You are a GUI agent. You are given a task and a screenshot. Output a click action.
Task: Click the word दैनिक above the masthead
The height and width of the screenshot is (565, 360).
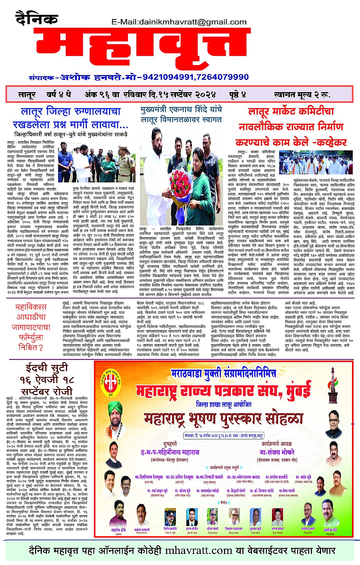[x=37, y=18]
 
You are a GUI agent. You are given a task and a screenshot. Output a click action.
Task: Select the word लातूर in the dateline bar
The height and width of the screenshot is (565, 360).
[x=27, y=94]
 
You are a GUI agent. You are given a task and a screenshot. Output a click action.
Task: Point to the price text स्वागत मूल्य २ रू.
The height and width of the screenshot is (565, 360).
[x=302, y=94]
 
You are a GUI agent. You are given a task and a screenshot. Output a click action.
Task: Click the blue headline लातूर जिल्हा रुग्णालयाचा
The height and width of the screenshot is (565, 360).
[x=71, y=112]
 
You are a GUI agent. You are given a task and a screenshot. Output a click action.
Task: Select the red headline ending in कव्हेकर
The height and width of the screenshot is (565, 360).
[x=291, y=143]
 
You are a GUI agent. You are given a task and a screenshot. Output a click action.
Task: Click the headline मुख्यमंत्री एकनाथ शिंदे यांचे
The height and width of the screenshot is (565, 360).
[x=181, y=110]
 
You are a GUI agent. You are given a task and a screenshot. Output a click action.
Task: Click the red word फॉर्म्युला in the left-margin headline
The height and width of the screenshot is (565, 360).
[x=30, y=337]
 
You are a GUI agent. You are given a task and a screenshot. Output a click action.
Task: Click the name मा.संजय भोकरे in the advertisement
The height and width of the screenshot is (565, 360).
[x=277, y=452]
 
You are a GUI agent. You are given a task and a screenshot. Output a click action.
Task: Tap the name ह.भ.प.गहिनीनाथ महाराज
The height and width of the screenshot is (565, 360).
[x=170, y=452]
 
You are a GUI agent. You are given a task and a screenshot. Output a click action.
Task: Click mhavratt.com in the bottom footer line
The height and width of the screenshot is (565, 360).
[x=198, y=551]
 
